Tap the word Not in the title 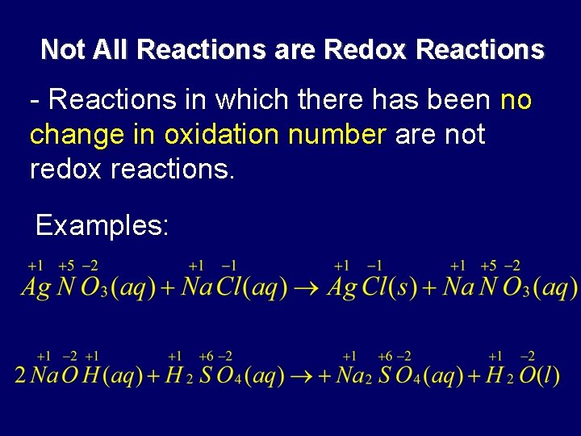coord(60,50)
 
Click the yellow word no coord(516,100)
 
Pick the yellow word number coord(341,135)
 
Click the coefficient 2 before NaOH coord(20,376)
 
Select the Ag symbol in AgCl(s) coord(342,288)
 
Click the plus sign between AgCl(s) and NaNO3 coord(429,288)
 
